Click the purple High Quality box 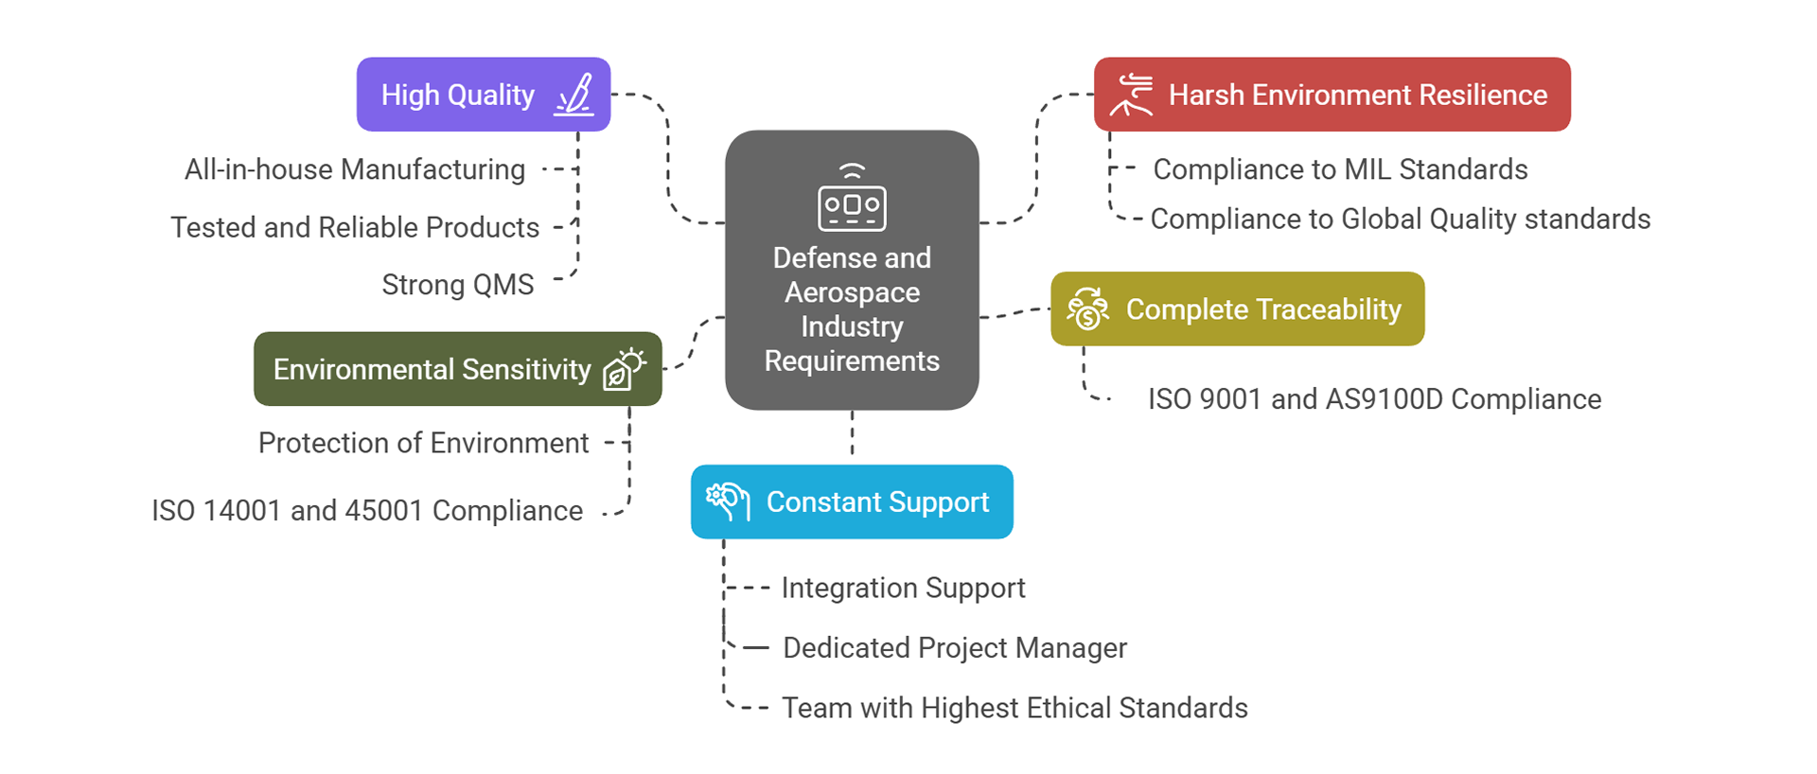(483, 95)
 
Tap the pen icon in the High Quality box (574, 95)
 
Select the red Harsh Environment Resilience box (1332, 95)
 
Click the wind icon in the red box (1132, 95)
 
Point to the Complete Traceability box (1237, 309)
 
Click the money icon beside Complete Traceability (1088, 309)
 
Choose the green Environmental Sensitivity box (457, 369)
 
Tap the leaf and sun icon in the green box (625, 369)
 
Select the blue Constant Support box (852, 501)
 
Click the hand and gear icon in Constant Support (728, 501)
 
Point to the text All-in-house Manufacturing (355, 169)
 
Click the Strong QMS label (458, 285)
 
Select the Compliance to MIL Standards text (1340, 169)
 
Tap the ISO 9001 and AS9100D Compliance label (1374, 399)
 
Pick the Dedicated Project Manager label (955, 648)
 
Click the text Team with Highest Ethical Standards (1014, 708)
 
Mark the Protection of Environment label (423, 443)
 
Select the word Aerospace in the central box (852, 292)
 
